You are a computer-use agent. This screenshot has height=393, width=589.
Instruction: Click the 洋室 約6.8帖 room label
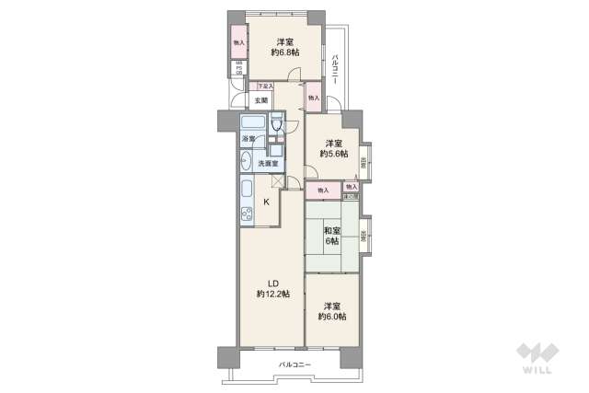pyautogui.click(x=283, y=47)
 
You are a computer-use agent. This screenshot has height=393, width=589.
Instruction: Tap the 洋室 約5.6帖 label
pyautogui.click(x=333, y=148)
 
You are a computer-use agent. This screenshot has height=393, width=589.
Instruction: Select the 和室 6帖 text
pyautogui.click(x=331, y=236)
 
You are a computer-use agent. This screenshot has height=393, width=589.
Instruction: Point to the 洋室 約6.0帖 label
pyautogui.click(x=331, y=312)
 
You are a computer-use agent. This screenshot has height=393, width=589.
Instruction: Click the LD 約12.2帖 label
pyautogui.click(x=272, y=288)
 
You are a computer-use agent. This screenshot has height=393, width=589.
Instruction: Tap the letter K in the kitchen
pyautogui.click(x=267, y=203)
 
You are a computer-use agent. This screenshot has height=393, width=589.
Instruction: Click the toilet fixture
pyautogui.click(x=276, y=125)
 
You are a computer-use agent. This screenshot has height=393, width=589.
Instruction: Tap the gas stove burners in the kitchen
pyautogui.click(x=247, y=218)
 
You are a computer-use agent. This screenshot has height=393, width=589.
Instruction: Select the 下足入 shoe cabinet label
pyautogui.click(x=265, y=87)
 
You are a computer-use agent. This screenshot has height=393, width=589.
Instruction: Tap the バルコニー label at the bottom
pyautogui.click(x=295, y=365)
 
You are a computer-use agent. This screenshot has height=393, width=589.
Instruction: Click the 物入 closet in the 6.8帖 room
pyautogui.click(x=238, y=42)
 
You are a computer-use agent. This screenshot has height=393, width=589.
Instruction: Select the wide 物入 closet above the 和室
pyautogui.click(x=322, y=191)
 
